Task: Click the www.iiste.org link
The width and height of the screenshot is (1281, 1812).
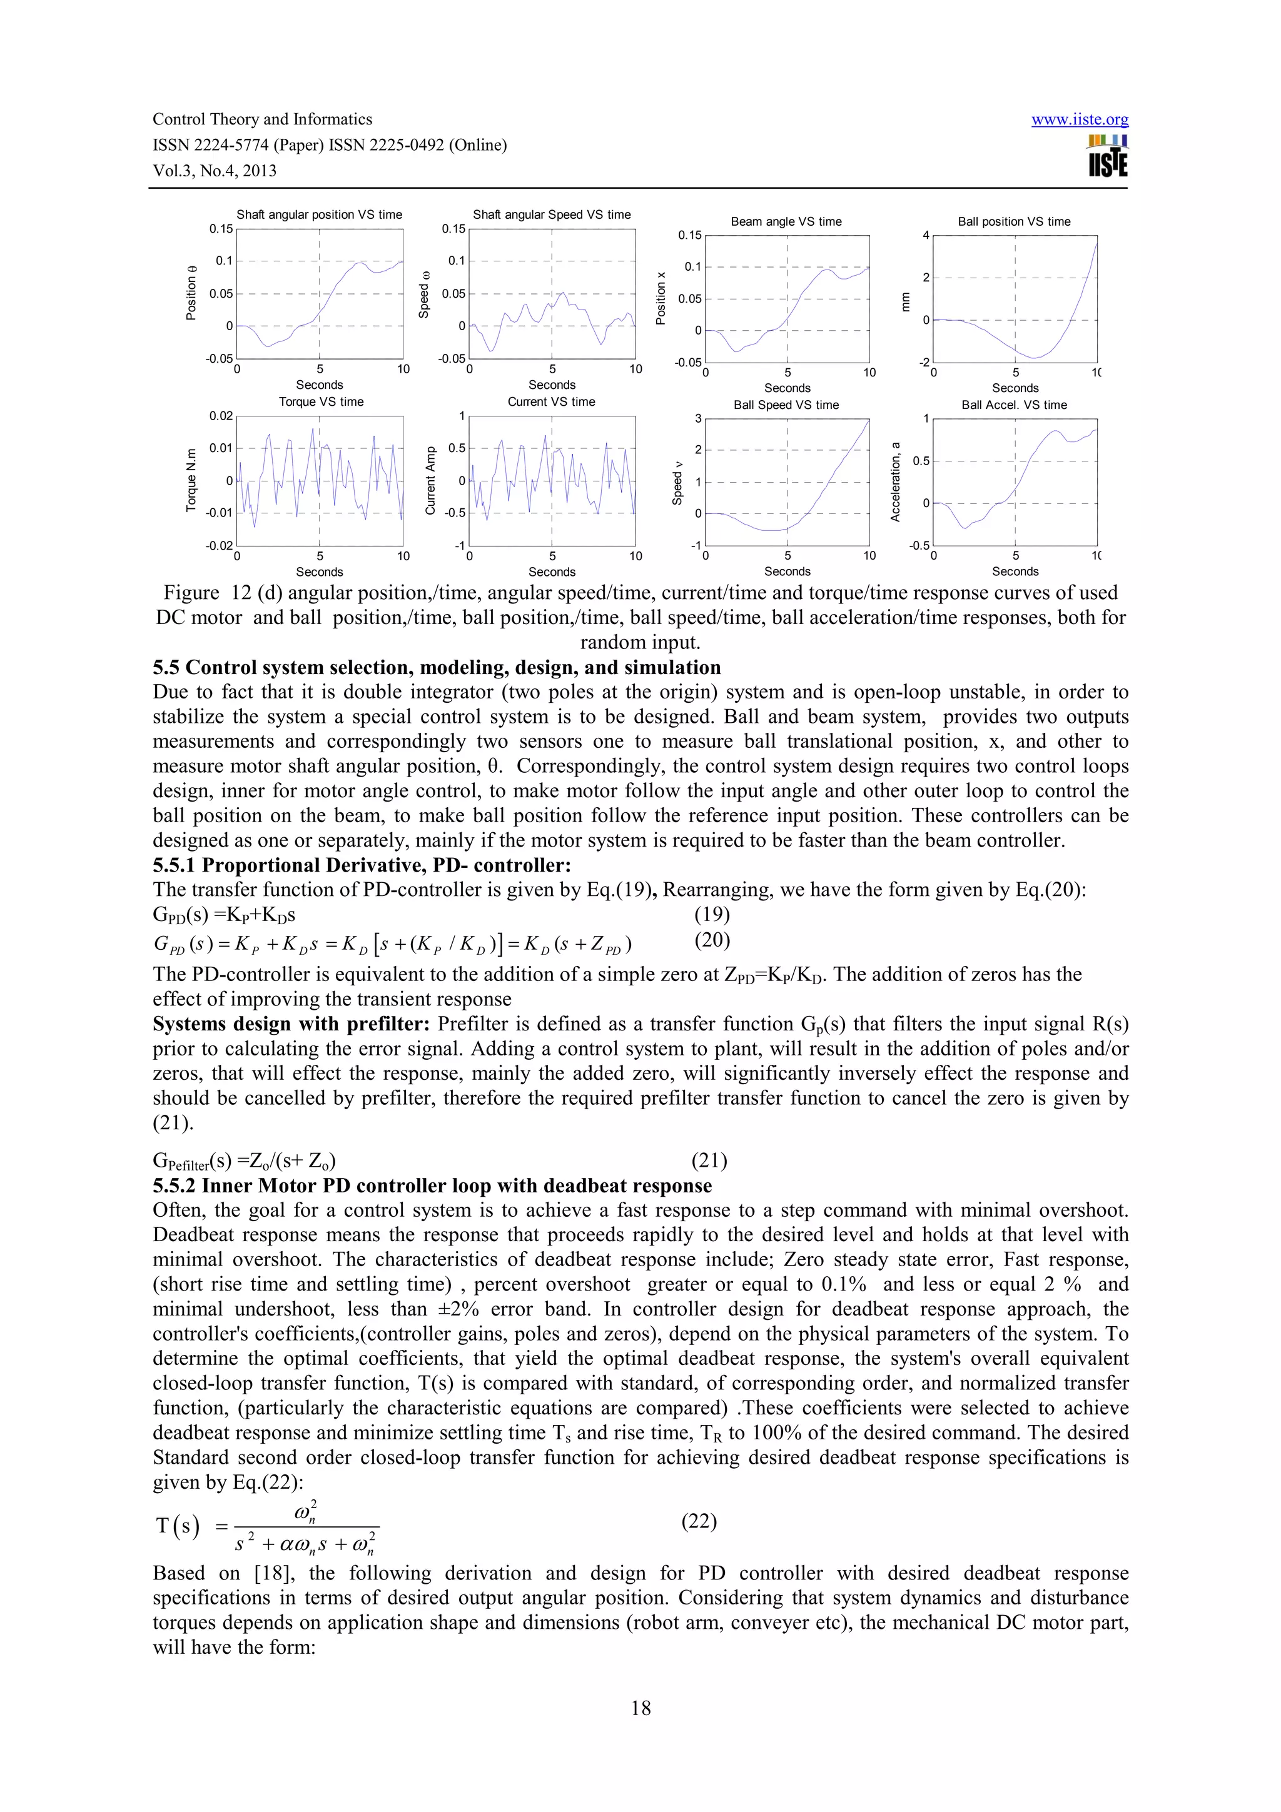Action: click(1079, 120)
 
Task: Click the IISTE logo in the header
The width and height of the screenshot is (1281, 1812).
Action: click(1107, 156)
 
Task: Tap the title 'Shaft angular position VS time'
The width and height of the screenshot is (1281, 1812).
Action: click(319, 214)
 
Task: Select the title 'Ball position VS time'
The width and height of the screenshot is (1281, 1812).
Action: click(1013, 222)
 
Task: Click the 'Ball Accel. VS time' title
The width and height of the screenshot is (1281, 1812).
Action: click(1013, 405)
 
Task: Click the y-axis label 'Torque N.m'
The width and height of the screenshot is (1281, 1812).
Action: click(191, 481)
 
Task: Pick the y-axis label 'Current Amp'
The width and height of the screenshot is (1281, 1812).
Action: click(430, 481)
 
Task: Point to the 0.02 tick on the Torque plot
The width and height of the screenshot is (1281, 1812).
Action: click(221, 416)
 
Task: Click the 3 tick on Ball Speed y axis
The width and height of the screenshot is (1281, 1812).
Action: click(697, 418)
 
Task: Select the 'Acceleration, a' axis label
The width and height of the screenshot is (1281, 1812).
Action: click(895, 481)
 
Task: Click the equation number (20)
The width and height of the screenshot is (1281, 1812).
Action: click(711, 939)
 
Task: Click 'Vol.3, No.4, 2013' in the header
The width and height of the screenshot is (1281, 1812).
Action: click(215, 171)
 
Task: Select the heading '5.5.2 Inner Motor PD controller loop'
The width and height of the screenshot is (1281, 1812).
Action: click(432, 1185)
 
